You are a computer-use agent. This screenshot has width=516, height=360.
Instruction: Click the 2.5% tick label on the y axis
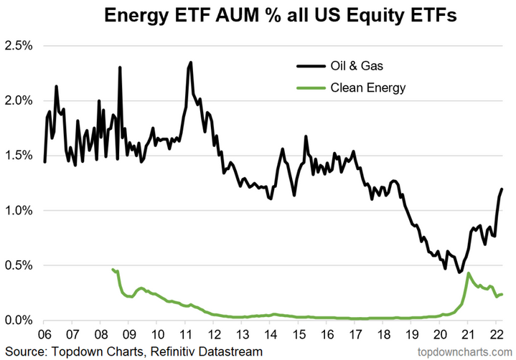tap(19, 45)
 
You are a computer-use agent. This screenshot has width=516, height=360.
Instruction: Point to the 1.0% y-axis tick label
tap(19, 210)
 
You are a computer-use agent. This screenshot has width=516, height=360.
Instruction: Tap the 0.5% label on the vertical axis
tap(19, 265)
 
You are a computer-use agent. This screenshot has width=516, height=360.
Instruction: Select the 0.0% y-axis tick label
tap(19, 320)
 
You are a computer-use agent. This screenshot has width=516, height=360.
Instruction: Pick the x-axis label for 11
tap(185, 335)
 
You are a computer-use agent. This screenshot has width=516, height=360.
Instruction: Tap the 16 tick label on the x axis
tap(327, 335)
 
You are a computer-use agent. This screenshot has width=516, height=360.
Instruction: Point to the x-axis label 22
tap(495, 335)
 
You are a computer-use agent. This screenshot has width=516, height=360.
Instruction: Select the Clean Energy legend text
tap(368, 87)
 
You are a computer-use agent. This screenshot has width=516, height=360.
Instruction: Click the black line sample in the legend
tap(310, 67)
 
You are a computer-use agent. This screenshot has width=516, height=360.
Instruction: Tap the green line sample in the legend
tap(310, 87)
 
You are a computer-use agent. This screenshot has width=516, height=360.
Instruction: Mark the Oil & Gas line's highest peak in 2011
tap(190, 62)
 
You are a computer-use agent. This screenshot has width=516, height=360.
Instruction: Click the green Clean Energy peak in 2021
tap(468, 273)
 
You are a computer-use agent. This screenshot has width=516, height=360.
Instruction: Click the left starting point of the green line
tap(113, 269)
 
